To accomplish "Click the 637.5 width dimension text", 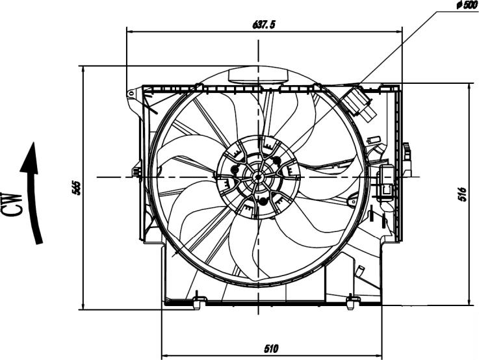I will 264,25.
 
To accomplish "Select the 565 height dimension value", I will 76,187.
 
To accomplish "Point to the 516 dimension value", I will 462,194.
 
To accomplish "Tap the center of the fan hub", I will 258,176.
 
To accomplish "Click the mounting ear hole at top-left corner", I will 131,94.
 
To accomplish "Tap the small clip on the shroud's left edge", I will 136,172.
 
